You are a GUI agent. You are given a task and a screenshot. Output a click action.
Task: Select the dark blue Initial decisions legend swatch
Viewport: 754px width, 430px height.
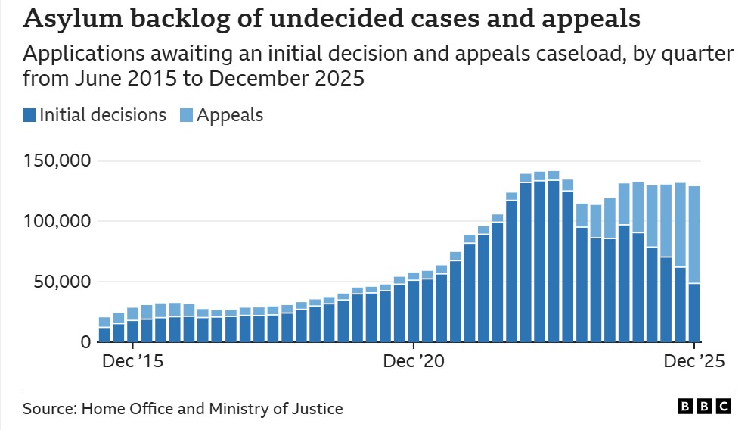pyautogui.click(x=29, y=115)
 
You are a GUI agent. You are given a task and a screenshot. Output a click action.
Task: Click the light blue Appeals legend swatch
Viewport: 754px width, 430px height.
pyautogui.click(x=186, y=115)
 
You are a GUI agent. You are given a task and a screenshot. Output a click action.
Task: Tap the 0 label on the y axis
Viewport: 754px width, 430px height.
pyautogui.click(x=85, y=342)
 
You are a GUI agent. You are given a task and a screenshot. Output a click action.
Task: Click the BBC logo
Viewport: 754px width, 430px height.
pyautogui.click(x=704, y=407)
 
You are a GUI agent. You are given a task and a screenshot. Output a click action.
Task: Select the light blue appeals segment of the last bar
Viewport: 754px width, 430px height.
pyautogui.click(x=693, y=235)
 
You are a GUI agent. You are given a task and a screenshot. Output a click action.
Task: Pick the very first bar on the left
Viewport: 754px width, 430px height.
pyautogui.click(x=104, y=330)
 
